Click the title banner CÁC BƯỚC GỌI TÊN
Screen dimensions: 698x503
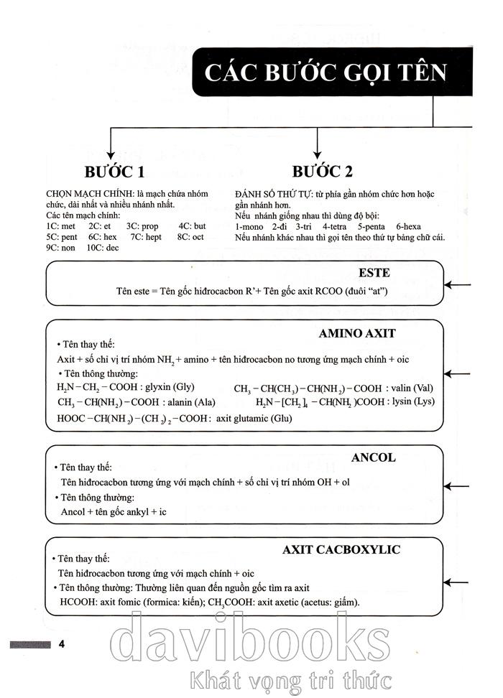pyautogui.click(x=325, y=73)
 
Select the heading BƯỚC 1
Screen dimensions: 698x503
pyautogui.click(x=114, y=172)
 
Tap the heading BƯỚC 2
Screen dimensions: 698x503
pyautogui.click(x=323, y=172)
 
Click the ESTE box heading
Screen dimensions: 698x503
pyautogui.click(x=374, y=273)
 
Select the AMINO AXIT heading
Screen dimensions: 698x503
pyautogui.click(x=357, y=333)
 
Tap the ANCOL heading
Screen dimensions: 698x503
pyautogui.click(x=373, y=457)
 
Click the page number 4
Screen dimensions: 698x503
pyautogui.click(x=62, y=642)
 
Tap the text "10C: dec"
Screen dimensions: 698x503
pyautogui.click(x=103, y=248)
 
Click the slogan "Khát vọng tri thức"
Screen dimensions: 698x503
pyautogui.click(x=287, y=679)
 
